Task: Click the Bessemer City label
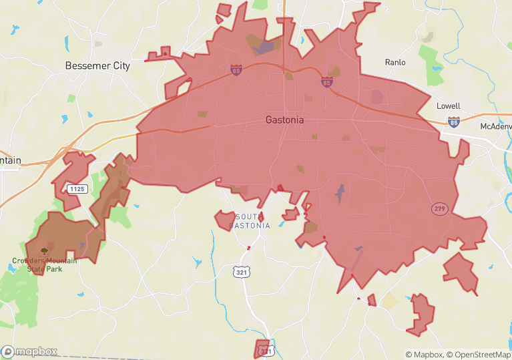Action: point(97,66)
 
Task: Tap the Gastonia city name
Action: point(284,120)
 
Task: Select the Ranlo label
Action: point(395,62)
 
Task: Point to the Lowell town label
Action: point(449,106)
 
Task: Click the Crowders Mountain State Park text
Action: point(44,264)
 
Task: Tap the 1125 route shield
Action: point(77,189)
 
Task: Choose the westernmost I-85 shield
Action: point(236,69)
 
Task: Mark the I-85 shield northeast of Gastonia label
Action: point(326,82)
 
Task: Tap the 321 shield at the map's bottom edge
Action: point(264,351)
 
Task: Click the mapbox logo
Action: point(29,351)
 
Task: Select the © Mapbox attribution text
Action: point(424,355)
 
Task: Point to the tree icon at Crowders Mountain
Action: point(44,251)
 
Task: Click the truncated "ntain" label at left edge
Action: point(10,160)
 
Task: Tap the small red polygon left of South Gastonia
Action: point(224,220)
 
